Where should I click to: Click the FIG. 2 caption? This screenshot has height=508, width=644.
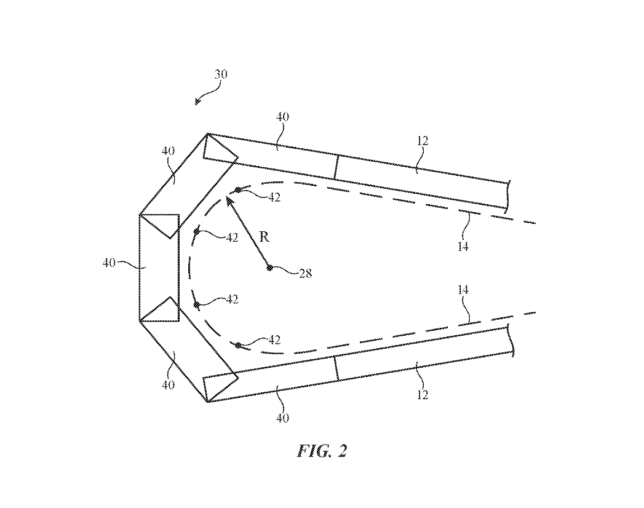pyautogui.click(x=322, y=451)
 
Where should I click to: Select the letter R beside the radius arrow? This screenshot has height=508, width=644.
pyautogui.click(x=264, y=237)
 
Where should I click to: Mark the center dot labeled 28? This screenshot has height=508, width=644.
pyautogui.click(x=269, y=267)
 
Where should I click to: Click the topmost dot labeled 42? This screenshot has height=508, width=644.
pyautogui.click(x=238, y=191)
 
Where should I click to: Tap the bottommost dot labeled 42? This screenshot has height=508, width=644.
pyautogui.click(x=238, y=346)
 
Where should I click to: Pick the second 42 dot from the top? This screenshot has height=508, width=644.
pyautogui.click(x=197, y=232)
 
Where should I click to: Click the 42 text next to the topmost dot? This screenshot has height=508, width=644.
pyautogui.click(x=274, y=197)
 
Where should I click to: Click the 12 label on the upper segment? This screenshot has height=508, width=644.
pyautogui.click(x=422, y=141)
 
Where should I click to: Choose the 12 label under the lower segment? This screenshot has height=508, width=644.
pyautogui.click(x=421, y=394)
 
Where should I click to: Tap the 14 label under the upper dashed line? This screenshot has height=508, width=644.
pyautogui.click(x=463, y=246)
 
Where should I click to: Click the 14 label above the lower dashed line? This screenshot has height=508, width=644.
pyautogui.click(x=463, y=289)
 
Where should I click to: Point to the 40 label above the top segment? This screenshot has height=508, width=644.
pyautogui.click(x=282, y=117)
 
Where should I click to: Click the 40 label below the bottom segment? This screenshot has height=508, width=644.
pyautogui.click(x=282, y=418)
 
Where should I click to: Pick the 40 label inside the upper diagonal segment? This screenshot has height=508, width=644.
pyautogui.click(x=168, y=151)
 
